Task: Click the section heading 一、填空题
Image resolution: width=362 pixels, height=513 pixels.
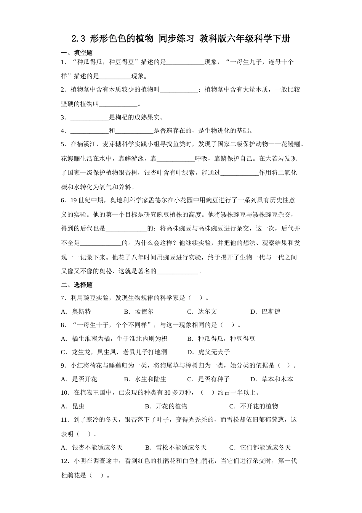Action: tap(77, 53)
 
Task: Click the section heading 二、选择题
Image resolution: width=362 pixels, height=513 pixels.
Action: tap(77, 285)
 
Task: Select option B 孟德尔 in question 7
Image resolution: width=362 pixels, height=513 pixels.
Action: tap(139, 311)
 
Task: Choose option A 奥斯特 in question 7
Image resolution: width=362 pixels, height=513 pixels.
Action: tap(77, 311)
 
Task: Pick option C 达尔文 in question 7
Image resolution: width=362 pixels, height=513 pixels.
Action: tap(202, 311)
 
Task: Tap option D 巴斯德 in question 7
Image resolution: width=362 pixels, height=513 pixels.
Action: tap(266, 311)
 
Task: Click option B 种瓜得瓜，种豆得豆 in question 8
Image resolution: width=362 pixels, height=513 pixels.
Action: tap(222, 339)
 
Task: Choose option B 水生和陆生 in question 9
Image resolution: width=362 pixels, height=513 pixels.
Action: tap(146, 379)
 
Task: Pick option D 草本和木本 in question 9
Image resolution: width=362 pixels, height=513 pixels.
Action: tap(272, 379)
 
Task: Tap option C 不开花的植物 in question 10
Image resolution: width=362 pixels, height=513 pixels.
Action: tap(254, 406)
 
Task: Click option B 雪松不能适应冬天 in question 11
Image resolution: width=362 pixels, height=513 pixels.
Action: tap(176, 447)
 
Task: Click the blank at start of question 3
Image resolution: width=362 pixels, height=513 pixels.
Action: tap(90, 118)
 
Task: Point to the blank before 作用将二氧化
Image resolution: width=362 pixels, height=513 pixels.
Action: tap(240, 173)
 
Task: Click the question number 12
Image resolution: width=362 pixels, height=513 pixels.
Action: tap(64, 461)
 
